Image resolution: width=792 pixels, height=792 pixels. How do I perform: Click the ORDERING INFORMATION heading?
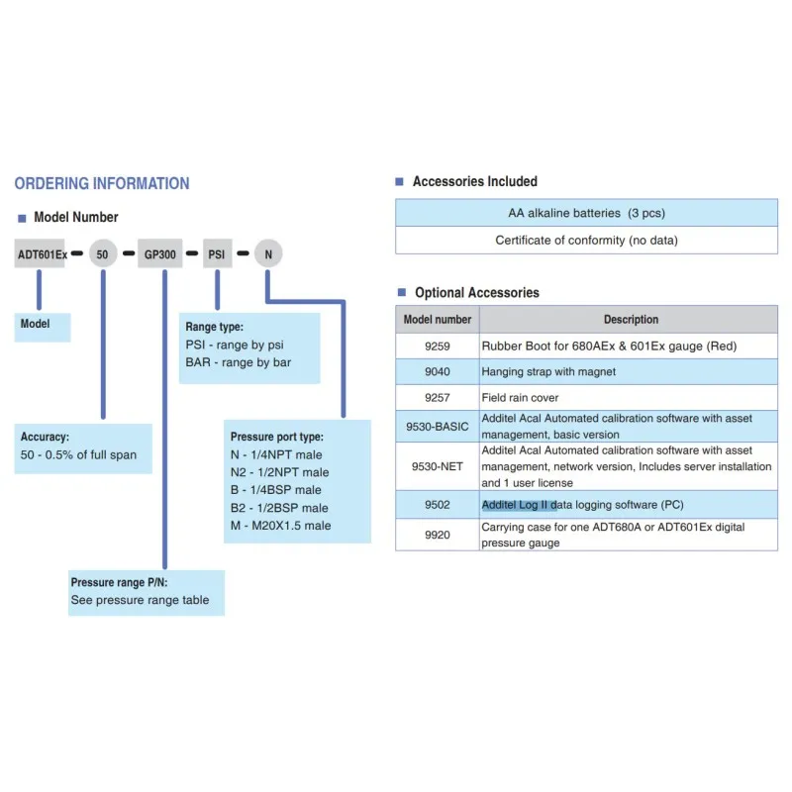(x=102, y=183)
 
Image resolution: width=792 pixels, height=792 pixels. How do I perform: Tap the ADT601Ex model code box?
(x=43, y=254)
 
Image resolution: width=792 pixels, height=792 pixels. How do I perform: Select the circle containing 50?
(x=103, y=254)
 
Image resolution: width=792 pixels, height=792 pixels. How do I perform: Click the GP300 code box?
(x=159, y=254)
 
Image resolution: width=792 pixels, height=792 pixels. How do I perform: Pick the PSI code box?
(x=217, y=254)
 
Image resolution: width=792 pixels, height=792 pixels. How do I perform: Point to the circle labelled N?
(x=267, y=254)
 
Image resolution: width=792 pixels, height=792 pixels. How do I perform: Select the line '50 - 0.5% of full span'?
(x=79, y=455)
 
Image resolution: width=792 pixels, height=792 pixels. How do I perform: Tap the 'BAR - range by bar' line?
(x=238, y=362)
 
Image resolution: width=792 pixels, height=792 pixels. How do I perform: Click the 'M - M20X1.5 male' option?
(x=281, y=526)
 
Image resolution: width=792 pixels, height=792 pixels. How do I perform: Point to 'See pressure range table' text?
(x=140, y=600)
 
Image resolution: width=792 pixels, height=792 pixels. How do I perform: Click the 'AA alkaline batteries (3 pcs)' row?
(x=586, y=213)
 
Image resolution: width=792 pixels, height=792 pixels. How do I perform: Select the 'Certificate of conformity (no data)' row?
(x=586, y=240)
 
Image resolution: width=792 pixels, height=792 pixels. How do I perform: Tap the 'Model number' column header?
(x=438, y=320)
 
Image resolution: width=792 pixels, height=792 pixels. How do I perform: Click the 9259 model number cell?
(x=438, y=346)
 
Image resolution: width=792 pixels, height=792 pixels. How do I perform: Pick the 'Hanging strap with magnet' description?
(x=548, y=372)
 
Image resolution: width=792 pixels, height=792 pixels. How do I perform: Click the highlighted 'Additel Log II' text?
(x=519, y=505)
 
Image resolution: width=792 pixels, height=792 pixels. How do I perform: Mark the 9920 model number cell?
(x=438, y=535)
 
